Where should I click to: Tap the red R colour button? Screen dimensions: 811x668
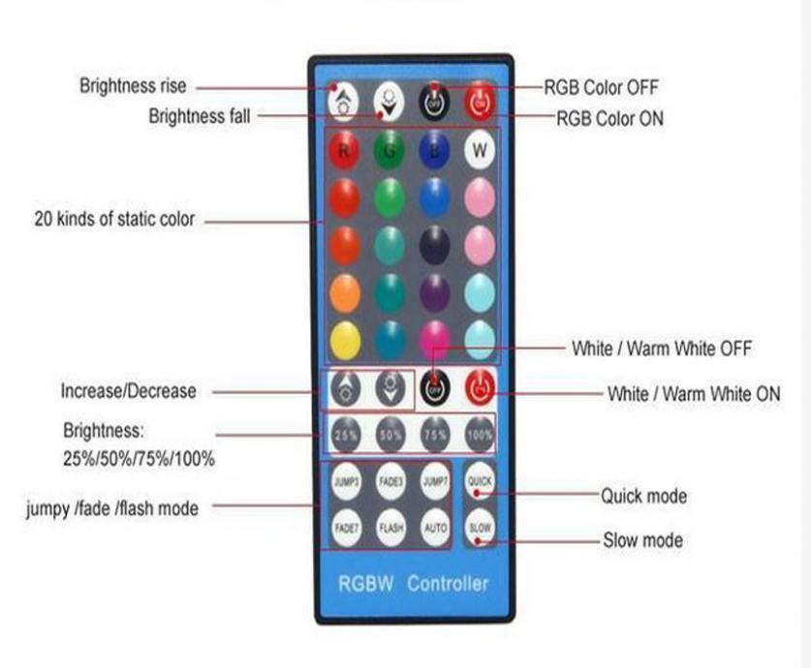344,150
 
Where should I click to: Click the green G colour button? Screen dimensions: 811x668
390,150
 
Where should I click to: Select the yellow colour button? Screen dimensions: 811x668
344,340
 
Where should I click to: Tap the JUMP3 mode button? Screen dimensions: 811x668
346,481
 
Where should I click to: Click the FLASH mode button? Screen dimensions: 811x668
390,529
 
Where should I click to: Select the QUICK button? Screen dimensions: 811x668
481,481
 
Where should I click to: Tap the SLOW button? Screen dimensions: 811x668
481,529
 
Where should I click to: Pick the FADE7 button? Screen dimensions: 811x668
346,529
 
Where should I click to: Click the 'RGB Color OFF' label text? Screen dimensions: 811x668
601,87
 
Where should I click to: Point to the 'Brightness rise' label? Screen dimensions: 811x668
133,86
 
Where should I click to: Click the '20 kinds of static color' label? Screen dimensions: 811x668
114,220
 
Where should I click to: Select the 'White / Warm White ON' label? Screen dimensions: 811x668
693,394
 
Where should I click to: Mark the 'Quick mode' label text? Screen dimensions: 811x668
643,496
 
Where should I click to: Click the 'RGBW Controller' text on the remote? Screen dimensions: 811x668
413,584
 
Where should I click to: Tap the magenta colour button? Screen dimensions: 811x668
434,340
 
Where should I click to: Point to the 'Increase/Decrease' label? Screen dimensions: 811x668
128,391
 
